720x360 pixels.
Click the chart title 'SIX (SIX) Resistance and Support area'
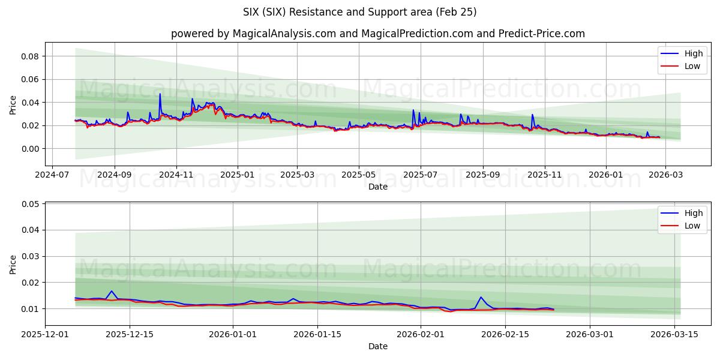360,12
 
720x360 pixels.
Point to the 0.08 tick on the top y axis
30,56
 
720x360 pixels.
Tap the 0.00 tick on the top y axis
30,149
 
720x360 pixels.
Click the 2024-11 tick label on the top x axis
176,175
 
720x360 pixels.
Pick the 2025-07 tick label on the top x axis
420,175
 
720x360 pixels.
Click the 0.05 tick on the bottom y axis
30,204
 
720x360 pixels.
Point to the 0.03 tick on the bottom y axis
30,256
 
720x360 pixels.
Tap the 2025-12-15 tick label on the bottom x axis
130,335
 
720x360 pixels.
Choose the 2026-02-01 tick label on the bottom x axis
421,335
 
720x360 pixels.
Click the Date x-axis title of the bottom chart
378,346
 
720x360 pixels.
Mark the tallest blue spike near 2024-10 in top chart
160,94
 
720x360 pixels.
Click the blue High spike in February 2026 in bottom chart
481,297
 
